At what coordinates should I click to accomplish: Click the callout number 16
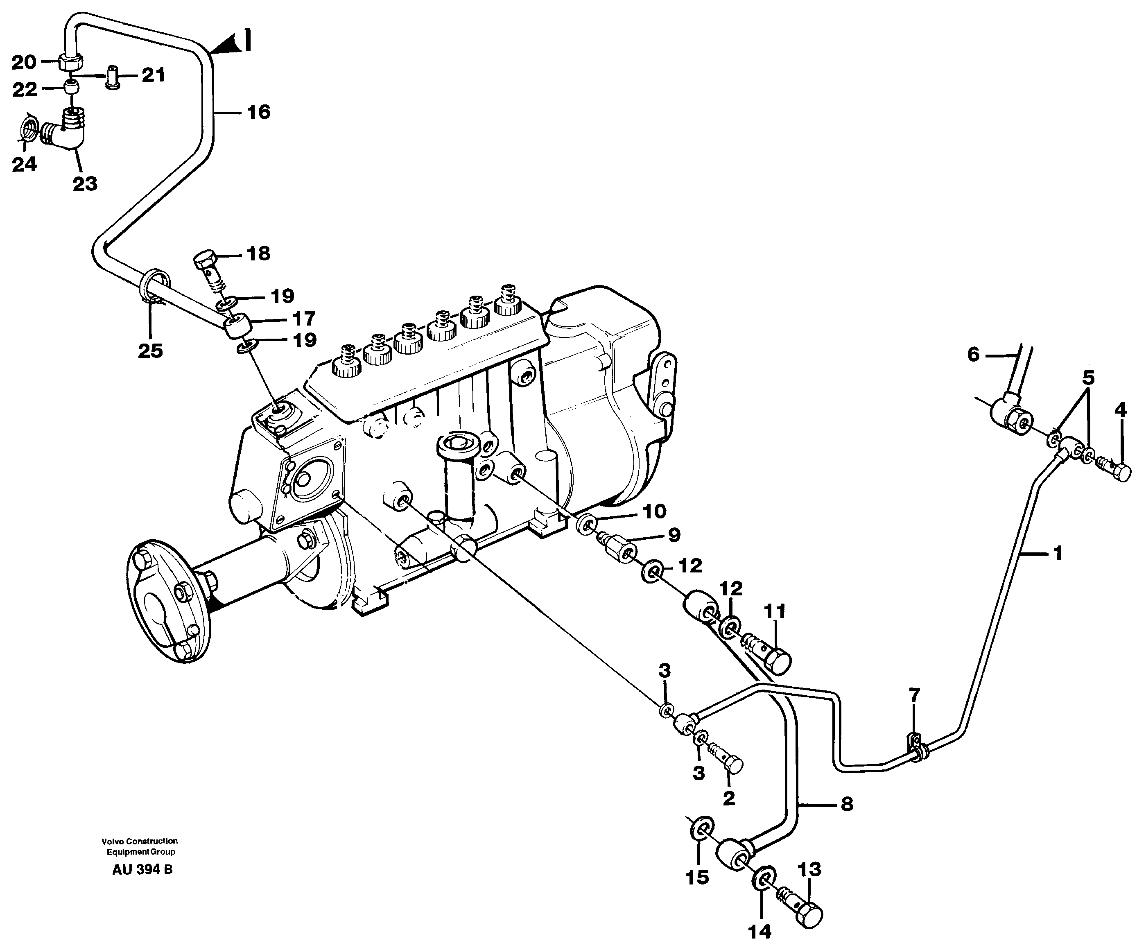click(x=258, y=112)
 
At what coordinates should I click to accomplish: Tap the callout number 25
click(x=150, y=351)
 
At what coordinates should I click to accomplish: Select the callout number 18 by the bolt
click(x=258, y=253)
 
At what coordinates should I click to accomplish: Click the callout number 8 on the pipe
click(x=847, y=804)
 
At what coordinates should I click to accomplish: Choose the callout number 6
click(x=974, y=355)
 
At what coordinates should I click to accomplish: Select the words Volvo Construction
click(x=140, y=841)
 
